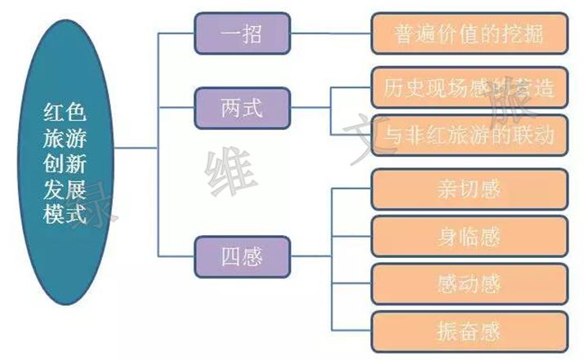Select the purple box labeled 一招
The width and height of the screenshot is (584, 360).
point(242,33)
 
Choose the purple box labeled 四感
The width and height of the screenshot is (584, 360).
point(242,255)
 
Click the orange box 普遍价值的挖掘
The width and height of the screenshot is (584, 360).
point(469,33)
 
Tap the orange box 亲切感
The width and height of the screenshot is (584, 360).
point(469,190)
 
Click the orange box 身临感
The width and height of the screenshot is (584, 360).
point(469,237)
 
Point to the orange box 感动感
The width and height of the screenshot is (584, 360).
point(469,283)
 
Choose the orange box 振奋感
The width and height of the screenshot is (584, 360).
point(469,331)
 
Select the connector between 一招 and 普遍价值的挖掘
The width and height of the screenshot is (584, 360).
point(330,33)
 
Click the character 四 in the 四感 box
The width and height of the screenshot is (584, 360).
point(231,255)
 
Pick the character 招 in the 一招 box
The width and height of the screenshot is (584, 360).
point(253,33)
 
